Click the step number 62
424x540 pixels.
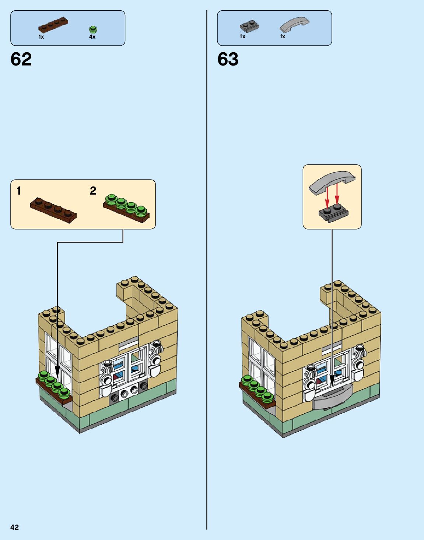[21, 59]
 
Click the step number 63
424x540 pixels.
[228, 59]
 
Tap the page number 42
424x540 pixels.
[14, 527]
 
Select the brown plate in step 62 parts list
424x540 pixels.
[53, 25]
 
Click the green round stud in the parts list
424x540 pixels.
[92, 29]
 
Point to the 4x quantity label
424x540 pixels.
[92, 37]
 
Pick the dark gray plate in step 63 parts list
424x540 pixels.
[249, 25]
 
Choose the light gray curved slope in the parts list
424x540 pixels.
[294, 24]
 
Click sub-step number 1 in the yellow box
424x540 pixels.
[19, 191]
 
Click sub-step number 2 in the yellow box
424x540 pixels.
[93, 191]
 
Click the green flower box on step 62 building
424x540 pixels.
[55, 389]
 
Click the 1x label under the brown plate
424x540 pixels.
[41, 37]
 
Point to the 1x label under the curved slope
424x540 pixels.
[283, 36]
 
